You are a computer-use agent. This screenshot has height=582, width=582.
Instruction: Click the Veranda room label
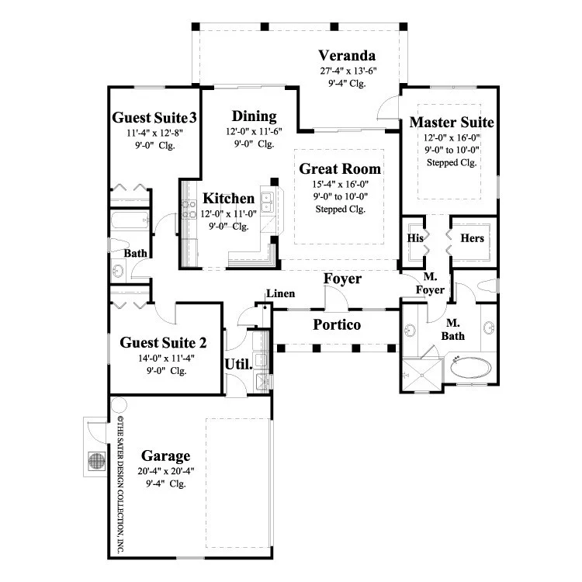347,56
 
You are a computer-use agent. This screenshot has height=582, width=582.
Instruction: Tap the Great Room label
340,169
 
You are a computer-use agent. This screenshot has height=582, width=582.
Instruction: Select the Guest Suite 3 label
154,118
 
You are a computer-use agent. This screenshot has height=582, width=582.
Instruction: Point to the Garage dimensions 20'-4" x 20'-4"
166,471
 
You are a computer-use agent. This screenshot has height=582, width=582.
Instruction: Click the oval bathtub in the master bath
471,368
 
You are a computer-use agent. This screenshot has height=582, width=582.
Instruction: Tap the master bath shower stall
422,375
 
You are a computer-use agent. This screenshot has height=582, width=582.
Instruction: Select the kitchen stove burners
189,209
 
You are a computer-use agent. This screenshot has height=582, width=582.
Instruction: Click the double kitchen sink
266,203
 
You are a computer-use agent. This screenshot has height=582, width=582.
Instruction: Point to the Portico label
337,325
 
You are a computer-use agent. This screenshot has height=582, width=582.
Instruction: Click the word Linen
281,293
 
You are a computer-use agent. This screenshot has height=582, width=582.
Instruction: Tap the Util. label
238,365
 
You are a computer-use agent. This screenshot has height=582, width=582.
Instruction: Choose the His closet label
415,238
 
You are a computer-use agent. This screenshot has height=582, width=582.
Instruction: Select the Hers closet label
472,238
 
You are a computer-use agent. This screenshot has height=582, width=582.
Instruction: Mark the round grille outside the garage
97,461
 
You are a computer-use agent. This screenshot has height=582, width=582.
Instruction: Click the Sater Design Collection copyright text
120,483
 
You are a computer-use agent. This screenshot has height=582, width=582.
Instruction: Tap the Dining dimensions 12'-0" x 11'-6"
254,132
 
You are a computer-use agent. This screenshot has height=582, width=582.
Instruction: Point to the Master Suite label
452,123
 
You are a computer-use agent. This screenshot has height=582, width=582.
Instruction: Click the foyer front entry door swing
336,297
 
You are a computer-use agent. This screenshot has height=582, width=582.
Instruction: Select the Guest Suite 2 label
163,342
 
